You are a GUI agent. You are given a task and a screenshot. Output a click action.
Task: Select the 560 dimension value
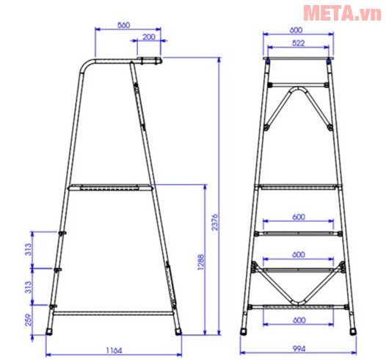tap(123, 25)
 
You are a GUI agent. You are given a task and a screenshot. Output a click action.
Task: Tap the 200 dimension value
tap(148, 37)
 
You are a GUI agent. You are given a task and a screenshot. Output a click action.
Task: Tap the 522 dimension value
tap(296, 44)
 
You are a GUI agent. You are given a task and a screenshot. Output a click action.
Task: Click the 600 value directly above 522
tap(296, 30)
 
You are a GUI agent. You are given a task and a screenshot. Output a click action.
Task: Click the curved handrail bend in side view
tap(87, 67)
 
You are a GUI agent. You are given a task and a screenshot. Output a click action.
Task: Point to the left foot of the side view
tap(49, 331)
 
